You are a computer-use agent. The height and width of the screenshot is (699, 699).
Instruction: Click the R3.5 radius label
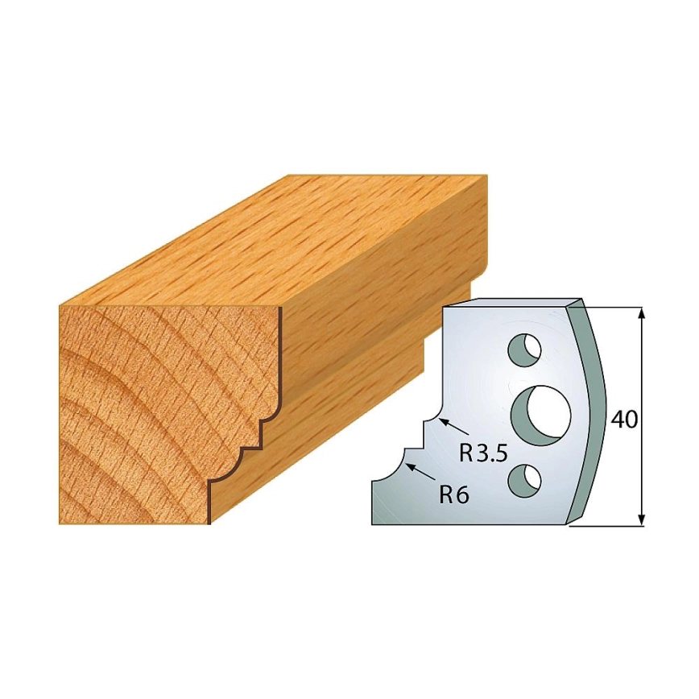[483, 455]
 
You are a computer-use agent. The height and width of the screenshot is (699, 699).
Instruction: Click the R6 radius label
[454, 494]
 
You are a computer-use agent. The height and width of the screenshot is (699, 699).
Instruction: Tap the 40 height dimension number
[624, 420]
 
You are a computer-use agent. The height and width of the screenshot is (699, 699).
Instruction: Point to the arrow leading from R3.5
[454, 426]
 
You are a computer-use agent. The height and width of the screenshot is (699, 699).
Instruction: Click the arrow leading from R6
[422, 473]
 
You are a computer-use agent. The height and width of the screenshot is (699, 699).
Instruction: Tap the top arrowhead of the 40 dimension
[641, 313]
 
